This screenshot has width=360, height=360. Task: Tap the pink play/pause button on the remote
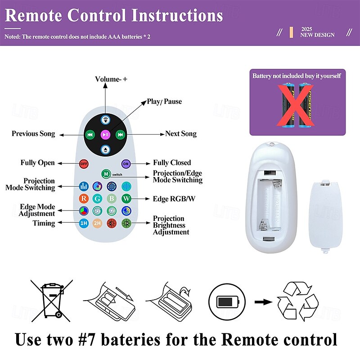pyautogui.click(x=106, y=135)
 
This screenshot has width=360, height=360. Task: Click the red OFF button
pyautogui.click(x=84, y=164)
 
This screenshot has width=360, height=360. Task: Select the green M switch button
pyautogui.click(x=106, y=174)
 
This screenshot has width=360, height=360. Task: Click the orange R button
pyautogui.click(x=84, y=198)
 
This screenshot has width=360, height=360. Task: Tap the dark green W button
pyautogui.click(x=126, y=198)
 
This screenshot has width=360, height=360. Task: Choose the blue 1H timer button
pyautogui.click(x=84, y=223)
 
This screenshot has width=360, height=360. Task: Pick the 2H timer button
pyautogui.click(x=97, y=223)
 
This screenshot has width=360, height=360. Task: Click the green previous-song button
pyautogui.click(x=90, y=135)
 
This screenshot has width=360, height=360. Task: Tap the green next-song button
pyautogui.click(x=121, y=135)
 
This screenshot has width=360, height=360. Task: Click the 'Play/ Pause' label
pyautogui.click(x=164, y=102)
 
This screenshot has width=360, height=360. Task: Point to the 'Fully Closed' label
pyautogui.click(x=172, y=162)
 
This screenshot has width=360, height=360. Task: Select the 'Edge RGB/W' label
pyautogui.click(x=174, y=198)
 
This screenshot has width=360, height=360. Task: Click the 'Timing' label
pyautogui.click(x=44, y=223)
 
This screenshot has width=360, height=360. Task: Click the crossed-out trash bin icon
pyautogui.click(x=52, y=301)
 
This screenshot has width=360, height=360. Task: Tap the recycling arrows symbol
pyautogui.click(x=298, y=301)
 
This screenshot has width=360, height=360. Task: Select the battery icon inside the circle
pyautogui.click(x=228, y=301)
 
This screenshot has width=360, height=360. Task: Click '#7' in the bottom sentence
pyautogui.click(x=86, y=340)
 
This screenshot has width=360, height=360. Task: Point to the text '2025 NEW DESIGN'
pyautogui.click(x=317, y=32)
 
